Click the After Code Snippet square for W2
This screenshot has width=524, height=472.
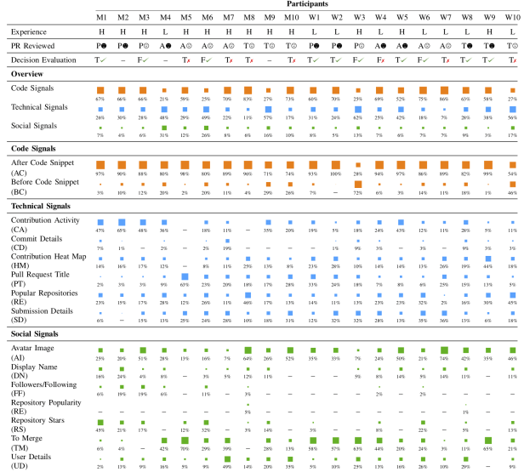click(x=337, y=163)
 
